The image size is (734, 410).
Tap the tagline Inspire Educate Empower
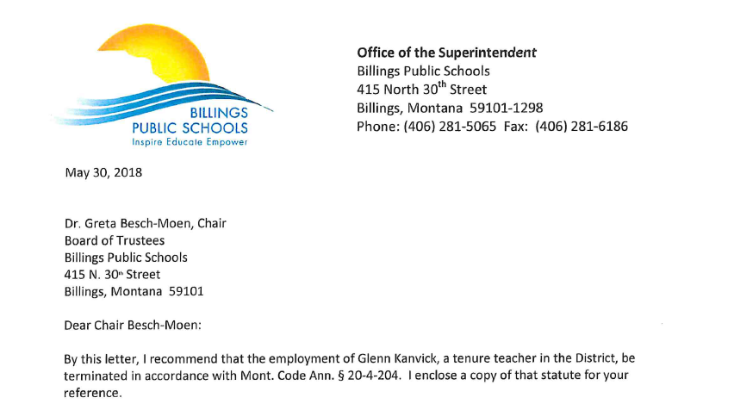point(195,141)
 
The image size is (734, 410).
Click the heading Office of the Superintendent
point(446,53)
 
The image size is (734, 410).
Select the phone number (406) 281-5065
point(449,127)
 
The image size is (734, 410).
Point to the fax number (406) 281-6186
point(582,127)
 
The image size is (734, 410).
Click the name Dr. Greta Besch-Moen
point(128,224)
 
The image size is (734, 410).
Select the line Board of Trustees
point(115,240)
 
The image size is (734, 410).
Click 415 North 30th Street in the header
point(421,89)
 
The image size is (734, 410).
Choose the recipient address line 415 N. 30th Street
point(112,274)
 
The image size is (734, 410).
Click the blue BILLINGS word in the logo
point(220,114)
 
